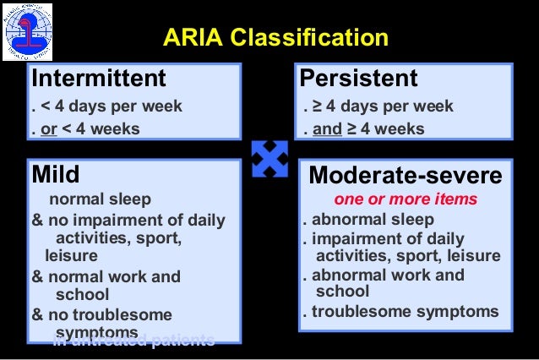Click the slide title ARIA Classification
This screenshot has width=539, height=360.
pos(275,38)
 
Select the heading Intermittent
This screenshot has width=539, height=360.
pos(99,79)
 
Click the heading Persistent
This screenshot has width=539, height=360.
pos(359,79)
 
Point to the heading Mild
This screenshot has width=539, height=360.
pos(56,175)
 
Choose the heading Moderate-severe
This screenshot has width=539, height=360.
pos(406,176)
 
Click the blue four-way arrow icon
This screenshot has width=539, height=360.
pos(270,159)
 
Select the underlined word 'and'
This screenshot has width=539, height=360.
pos(328,129)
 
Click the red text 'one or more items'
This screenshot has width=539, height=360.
pos(406,199)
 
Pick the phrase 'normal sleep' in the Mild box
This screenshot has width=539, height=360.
pos(101,199)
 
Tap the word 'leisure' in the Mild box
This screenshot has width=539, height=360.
pos(71,254)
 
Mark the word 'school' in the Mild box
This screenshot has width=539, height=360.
pos(82,294)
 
